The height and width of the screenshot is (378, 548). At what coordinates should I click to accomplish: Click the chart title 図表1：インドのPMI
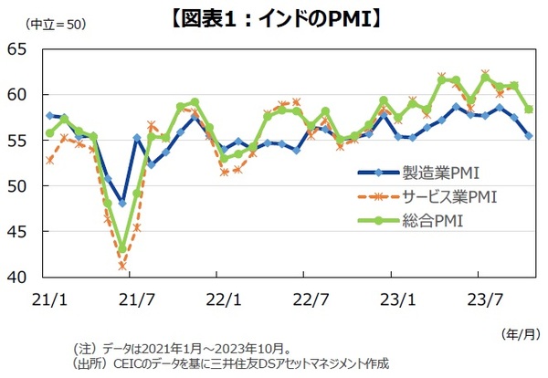click(x=274, y=16)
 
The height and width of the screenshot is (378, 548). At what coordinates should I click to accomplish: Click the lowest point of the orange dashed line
click(x=122, y=266)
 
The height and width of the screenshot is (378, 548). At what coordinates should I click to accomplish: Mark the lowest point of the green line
click(x=122, y=248)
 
